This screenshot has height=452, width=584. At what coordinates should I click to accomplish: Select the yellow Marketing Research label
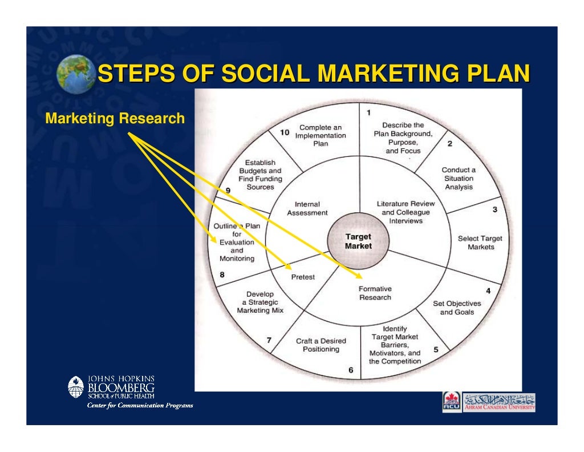point(115,119)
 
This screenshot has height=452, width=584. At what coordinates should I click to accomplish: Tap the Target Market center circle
point(358,241)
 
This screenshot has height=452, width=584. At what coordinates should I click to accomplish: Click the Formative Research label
point(375,293)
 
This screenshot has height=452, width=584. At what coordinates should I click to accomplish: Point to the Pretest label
point(303,277)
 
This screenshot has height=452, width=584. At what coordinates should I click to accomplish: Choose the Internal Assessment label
point(307,208)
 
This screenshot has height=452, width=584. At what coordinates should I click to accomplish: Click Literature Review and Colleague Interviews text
point(405,212)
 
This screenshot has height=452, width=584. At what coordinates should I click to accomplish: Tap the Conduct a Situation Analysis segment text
point(459,178)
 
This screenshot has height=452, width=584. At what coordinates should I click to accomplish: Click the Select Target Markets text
point(480,243)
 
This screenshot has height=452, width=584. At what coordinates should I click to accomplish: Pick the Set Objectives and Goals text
point(457,308)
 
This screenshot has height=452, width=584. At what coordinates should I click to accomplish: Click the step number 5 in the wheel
point(436,350)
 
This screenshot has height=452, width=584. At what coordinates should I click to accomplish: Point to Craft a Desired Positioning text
point(321,345)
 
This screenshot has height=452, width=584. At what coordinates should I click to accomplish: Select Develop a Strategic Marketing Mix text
point(260,302)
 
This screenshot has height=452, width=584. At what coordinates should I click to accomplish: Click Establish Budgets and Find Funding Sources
point(260,175)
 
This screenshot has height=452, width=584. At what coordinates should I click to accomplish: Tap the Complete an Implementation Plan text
point(321,136)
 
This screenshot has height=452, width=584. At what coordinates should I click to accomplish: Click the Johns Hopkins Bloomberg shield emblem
point(76,386)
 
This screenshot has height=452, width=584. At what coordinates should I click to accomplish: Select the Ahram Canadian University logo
point(489,402)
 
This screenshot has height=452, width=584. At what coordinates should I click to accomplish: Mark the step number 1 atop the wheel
point(368,112)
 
